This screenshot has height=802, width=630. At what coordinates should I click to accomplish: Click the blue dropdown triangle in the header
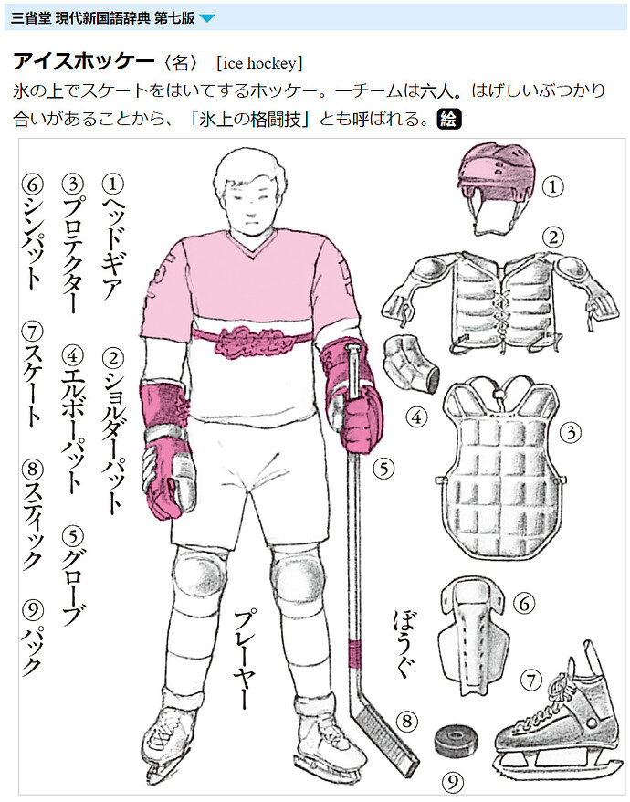click(206, 19)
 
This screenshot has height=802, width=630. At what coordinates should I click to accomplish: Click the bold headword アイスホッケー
click(83, 62)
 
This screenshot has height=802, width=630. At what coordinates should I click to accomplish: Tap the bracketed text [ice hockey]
click(260, 63)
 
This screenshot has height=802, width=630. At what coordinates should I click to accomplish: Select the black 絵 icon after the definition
click(449, 119)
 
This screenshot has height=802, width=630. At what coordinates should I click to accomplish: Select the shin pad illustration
click(473, 635)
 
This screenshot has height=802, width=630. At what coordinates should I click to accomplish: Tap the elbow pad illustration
click(411, 364)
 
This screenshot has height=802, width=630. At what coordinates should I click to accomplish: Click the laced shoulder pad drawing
click(495, 301)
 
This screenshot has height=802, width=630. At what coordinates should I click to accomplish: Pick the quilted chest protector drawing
click(501, 468)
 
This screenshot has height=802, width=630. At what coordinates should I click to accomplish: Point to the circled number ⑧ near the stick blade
click(407, 722)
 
